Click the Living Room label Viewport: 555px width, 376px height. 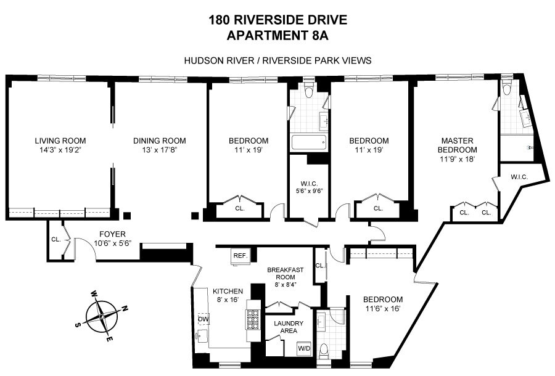(60, 141)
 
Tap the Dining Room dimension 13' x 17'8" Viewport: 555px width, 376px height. (159, 150)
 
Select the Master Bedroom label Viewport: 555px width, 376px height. (458, 145)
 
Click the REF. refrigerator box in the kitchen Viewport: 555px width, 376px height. (240, 255)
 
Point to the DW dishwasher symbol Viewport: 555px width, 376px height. (203, 319)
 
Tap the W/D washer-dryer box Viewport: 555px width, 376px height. (304, 348)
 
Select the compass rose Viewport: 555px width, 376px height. (102, 315)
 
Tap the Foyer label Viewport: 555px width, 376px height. (112, 234)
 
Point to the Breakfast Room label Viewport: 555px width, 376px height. (286, 274)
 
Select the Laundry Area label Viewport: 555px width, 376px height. (289, 327)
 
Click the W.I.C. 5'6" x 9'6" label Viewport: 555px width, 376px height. (310, 187)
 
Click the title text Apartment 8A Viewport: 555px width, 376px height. (277, 36)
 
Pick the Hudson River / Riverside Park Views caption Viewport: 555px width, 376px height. (278, 60)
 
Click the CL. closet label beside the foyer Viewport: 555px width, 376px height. (56, 239)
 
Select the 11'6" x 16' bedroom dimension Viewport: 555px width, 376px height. (383, 308)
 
